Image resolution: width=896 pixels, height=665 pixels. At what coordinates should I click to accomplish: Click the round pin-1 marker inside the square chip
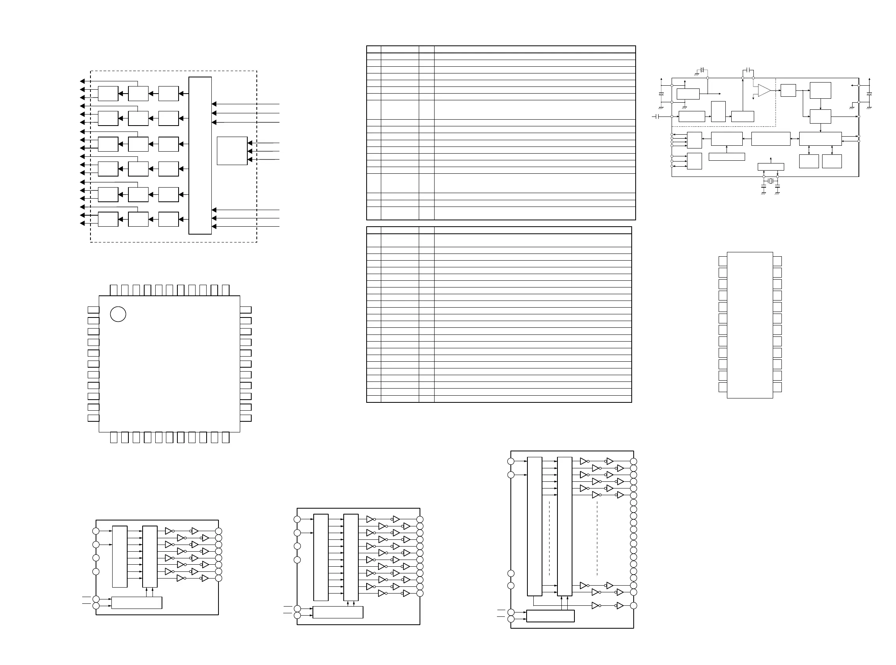[x=118, y=314]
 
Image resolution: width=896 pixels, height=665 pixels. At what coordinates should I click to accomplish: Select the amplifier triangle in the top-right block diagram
[x=764, y=90]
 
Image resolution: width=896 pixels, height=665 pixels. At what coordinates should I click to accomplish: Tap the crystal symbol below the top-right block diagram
[x=771, y=181]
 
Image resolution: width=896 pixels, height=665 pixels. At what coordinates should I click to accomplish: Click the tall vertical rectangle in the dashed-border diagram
[x=200, y=155]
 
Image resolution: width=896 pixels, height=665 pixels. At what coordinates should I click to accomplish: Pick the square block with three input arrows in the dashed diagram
[x=232, y=151]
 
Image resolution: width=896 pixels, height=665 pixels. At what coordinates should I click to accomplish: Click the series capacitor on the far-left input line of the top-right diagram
[x=657, y=116]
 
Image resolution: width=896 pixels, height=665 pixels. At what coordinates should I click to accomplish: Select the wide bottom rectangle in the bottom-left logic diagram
[x=137, y=603]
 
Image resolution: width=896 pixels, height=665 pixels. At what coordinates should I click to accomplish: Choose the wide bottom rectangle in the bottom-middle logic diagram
[x=338, y=612]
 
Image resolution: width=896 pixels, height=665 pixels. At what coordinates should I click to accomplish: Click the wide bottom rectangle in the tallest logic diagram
[x=550, y=616]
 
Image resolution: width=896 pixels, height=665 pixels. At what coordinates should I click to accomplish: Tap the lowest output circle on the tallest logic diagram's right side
[x=633, y=605]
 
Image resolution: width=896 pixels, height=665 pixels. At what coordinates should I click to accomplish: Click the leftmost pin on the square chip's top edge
[x=113, y=290]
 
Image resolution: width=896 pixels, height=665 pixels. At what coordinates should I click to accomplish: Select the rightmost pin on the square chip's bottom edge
[x=226, y=438]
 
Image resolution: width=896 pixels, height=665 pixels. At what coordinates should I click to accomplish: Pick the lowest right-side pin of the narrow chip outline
[x=777, y=387]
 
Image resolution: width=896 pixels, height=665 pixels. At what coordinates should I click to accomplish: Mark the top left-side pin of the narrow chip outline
[x=723, y=261]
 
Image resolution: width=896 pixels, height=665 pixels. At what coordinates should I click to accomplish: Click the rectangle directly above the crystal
[x=771, y=167]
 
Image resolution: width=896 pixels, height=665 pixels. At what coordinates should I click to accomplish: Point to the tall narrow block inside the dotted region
[x=718, y=111]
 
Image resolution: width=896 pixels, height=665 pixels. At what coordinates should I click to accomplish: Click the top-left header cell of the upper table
[x=374, y=49]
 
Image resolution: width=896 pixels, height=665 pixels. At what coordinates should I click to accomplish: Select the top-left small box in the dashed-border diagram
[x=108, y=93]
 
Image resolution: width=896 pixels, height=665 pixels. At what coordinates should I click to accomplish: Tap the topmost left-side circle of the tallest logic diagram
[x=511, y=461]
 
